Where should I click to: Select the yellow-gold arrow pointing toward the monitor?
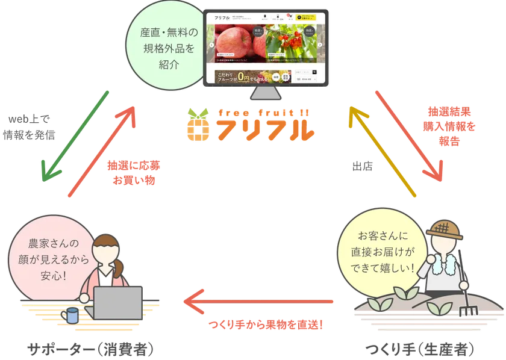click(x=383, y=151)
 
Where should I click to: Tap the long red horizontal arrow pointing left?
click(x=259, y=301)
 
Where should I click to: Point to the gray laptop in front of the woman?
click(x=118, y=304)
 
